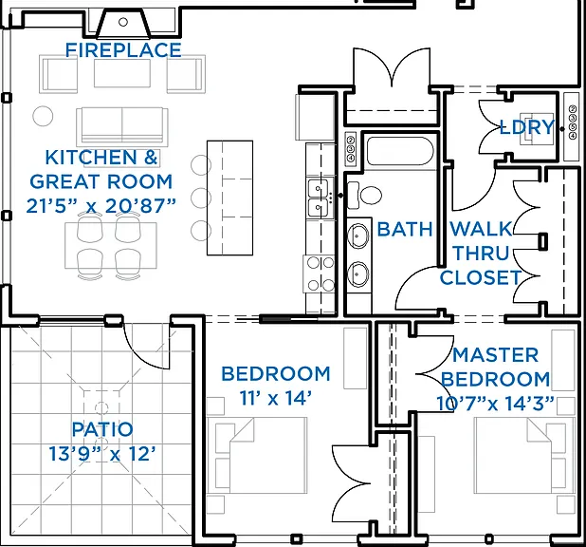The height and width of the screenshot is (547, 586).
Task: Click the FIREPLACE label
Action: pos(123,50)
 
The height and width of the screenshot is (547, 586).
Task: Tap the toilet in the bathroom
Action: pos(364,195)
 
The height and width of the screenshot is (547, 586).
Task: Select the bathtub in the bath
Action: pos(400,151)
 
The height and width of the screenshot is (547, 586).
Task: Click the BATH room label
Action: pos(405,229)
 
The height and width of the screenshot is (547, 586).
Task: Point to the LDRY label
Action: pos(527,127)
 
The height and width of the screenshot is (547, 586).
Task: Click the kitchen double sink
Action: pos(319,198)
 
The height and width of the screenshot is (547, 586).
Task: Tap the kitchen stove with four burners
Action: pos(319,273)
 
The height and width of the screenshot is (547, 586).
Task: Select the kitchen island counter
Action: pos(229,198)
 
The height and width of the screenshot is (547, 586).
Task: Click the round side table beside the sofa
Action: pos(43,116)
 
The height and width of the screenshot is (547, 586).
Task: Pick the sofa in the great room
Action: pos(121,125)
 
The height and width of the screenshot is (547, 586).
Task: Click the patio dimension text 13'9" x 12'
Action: pos(102,454)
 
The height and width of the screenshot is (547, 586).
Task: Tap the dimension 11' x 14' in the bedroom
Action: pos(275,398)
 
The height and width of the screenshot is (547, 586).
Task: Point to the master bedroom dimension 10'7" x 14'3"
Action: pos(495,404)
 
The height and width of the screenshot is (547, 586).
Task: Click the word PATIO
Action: pos(102,429)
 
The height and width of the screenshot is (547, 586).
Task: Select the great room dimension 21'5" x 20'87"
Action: pos(101,205)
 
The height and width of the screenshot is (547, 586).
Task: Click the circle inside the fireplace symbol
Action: pos(123,22)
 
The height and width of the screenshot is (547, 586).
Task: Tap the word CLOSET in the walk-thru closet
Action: pos(480,277)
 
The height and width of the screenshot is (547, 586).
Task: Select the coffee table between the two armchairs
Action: pos(122,73)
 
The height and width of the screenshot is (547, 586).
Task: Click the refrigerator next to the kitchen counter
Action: pos(315,117)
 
